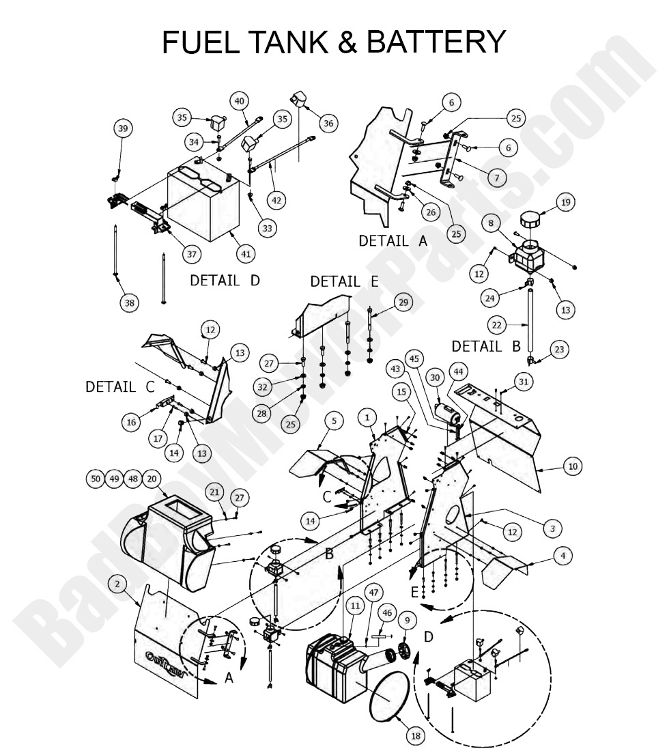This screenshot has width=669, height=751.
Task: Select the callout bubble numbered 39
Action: (x=123, y=128)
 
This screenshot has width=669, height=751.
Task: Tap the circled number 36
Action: (x=328, y=123)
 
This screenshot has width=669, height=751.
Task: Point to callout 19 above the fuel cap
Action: (x=566, y=202)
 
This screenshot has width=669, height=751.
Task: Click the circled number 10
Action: (x=572, y=466)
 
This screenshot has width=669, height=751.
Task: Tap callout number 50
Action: (x=96, y=479)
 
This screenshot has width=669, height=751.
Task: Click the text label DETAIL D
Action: (x=225, y=281)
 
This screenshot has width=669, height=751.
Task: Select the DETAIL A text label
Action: (x=394, y=240)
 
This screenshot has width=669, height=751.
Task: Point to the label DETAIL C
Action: (x=120, y=386)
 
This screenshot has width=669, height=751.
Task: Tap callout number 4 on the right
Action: (x=562, y=556)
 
